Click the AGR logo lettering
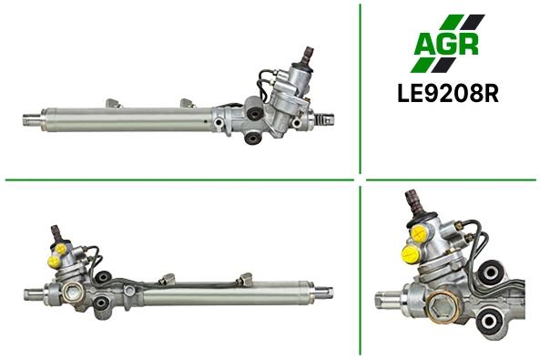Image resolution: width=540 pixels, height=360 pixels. pos(446,44)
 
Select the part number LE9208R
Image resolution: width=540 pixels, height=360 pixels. pos(448,93)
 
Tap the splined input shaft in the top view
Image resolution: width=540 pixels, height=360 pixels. pos(307,55)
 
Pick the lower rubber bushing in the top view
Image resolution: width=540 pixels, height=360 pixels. pos(252,139)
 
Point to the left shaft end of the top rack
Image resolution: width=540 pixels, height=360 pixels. pos(32,120)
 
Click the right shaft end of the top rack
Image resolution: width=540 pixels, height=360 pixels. pos(325,119)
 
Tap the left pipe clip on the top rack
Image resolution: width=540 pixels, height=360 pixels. pos(115,103)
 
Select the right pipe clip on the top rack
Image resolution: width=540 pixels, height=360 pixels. pos(188,103)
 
